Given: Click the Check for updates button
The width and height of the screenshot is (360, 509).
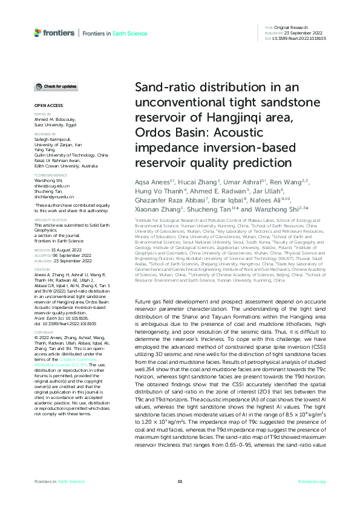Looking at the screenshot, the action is coord(56,87).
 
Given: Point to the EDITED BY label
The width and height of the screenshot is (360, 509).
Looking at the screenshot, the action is coord(42,114).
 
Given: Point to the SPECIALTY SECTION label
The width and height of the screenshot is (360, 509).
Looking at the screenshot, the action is coord(48,220).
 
